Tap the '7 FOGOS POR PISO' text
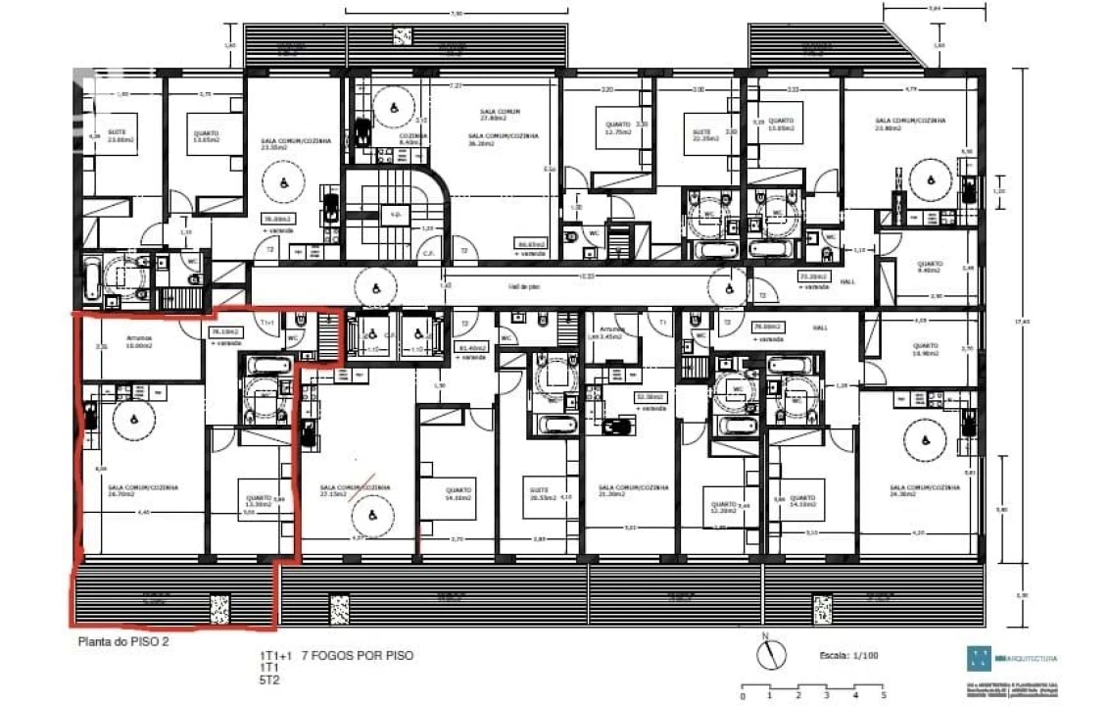click(x=351, y=654)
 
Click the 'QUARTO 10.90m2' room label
click(x=927, y=349)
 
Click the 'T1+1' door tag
click(x=266, y=322)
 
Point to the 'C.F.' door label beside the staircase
click(x=428, y=251)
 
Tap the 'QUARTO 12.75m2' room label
click(x=618, y=128)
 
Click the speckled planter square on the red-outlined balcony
click(x=219, y=608)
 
